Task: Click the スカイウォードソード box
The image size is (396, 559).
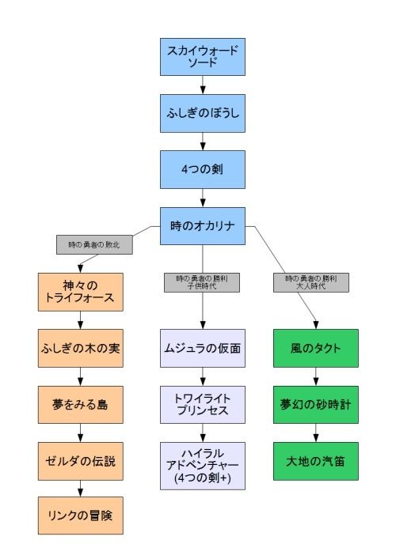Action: pos(203,57)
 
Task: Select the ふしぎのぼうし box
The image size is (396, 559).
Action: pos(203,113)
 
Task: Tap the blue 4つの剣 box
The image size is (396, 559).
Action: pos(203,169)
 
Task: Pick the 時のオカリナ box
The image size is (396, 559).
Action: pos(203,226)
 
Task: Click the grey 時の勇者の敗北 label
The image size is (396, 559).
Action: pos(94,244)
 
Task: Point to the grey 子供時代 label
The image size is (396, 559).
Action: pos(202,282)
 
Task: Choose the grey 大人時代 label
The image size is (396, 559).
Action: pos(311,282)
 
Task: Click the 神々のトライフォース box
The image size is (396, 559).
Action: pos(80,292)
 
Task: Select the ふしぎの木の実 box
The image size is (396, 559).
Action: pos(80,349)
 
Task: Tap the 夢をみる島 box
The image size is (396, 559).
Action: pos(80,405)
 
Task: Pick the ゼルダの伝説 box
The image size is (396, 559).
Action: pos(80,461)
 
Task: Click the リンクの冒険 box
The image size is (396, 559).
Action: pos(80,516)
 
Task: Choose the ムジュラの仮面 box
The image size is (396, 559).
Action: pos(203,349)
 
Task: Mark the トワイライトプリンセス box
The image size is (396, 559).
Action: pos(203,405)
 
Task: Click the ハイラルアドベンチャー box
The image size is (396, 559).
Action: pos(203,466)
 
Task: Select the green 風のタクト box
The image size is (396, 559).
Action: pos(316,349)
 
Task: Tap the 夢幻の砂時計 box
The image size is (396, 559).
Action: pos(316,405)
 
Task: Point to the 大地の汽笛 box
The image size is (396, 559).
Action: pos(316,461)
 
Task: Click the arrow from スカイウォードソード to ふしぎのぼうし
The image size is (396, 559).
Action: pos(203,85)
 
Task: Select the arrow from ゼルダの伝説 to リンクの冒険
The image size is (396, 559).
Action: pos(80,489)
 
